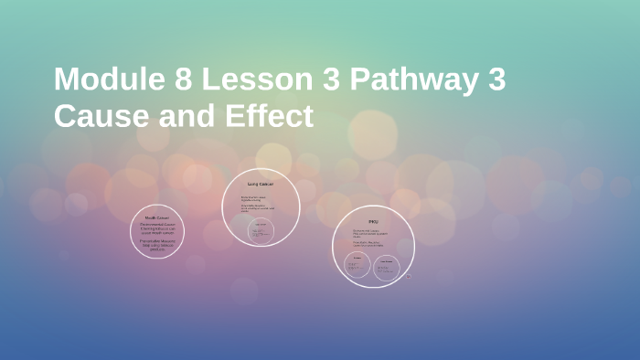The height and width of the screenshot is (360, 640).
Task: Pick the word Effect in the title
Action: tap(268, 116)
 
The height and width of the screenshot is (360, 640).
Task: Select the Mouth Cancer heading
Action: tap(157, 218)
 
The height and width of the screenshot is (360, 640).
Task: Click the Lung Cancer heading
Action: tap(261, 185)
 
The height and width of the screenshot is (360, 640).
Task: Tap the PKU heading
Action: tap(372, 222)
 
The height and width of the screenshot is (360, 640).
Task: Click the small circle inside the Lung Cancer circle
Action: tap(261, 230)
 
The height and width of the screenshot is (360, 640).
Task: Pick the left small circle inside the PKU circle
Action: tap(357, 265)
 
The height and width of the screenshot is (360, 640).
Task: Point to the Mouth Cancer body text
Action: tap(157, 237)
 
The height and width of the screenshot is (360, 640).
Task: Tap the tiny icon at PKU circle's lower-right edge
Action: tap(409, 275)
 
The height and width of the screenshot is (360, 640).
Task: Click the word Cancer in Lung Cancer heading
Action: tap(266, 185)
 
